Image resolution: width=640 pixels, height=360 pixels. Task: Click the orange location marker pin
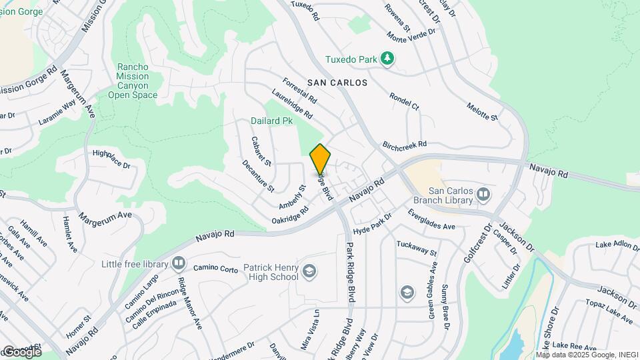[320, 159]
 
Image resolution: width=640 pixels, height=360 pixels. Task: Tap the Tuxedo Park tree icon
[388, 59]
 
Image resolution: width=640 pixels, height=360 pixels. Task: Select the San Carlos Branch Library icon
[484, 195]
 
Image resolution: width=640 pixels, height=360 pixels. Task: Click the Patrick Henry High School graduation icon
[309, 271]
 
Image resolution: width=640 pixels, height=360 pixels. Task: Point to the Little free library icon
[178, 263]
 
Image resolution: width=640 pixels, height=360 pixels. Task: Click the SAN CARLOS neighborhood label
[337, 83]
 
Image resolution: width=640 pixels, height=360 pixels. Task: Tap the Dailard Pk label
[272, 121]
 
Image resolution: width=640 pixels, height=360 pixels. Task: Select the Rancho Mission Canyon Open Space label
[137, 81]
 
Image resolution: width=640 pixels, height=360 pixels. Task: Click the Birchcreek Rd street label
[404, 145]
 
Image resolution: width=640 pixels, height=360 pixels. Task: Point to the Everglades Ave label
[431, 221]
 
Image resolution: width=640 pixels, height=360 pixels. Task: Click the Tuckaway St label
[416, 249]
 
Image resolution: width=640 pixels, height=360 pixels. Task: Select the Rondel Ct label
[405, 101]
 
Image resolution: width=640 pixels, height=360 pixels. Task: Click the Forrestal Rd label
[299, 92]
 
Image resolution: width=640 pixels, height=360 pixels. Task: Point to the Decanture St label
[258, 175]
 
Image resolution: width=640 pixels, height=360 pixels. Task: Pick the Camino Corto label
[216, 268]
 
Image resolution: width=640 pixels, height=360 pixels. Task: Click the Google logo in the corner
[22, 351]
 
